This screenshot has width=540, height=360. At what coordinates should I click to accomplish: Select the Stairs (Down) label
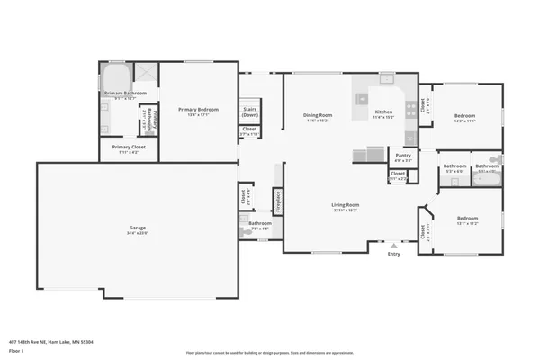click(x=249, y=112)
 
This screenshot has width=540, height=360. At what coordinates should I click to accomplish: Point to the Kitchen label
click(x=384, y=113)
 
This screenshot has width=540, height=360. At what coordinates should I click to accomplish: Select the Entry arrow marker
click(x=393, y=244)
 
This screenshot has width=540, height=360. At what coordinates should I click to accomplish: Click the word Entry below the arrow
click(x=393, y=254)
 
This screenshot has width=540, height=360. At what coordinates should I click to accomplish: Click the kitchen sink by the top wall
click(x=385, y=79)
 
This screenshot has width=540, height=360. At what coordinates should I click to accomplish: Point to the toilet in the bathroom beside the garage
click(x=244, y=230)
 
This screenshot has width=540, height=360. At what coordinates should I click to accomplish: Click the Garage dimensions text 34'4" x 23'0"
click(x=137, y=234)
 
